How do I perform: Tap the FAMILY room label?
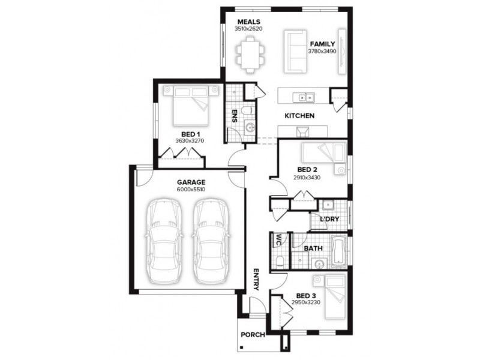322,44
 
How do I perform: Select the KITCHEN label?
299,115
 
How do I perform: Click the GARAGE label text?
191,182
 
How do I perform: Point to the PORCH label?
253,334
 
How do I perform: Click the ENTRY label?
256,279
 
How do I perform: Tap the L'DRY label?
329,219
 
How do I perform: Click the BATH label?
313,247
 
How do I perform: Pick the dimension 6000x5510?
191,189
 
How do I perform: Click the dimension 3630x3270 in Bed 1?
190,140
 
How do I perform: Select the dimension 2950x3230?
306,302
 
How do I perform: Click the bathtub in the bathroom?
338,251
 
